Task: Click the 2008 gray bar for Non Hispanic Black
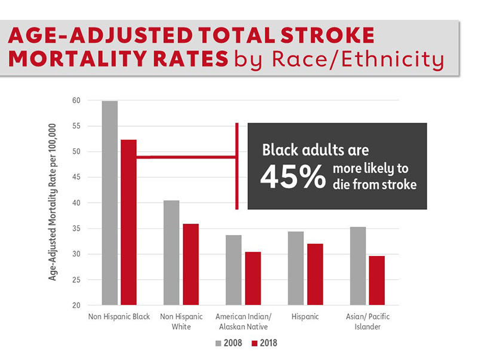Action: pos(109,203)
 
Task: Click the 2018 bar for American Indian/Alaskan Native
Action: pos(253,279)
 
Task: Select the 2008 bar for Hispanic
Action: pos(295,269)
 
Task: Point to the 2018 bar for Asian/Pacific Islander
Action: pos(377,280)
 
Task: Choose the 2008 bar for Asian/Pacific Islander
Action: pos(357,266)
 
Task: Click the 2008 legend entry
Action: pos(229,343)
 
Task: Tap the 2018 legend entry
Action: pos(263,343)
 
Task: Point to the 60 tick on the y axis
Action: pos(76,100)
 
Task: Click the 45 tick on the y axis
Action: pos(76,178)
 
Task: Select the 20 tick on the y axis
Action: pos(76,306)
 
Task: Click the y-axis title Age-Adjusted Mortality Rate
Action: pos(53,202)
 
